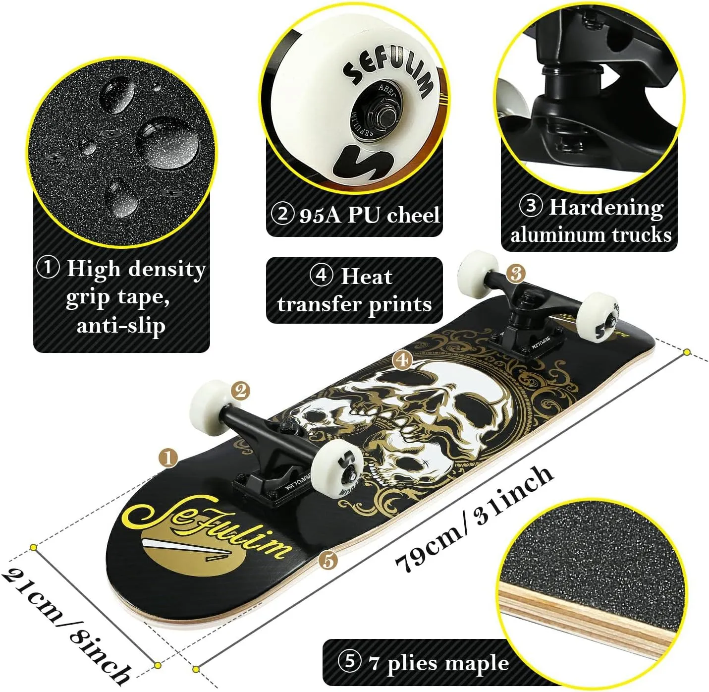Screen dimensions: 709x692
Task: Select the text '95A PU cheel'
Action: (x=369, y=215)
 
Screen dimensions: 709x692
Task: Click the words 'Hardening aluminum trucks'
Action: (x=591, y=221)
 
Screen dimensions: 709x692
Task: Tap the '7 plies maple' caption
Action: (x=438, y=663)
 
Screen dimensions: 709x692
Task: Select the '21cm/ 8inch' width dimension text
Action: (x=65, y=623)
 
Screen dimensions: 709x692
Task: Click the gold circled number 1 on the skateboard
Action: (x=168, y=458)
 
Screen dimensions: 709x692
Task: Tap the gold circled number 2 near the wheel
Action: (x=240, y=391)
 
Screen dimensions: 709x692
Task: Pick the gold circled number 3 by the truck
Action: (x=516, y=273)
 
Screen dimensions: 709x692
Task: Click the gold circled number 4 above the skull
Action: (x=402, y=360)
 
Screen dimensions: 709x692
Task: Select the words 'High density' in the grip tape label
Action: (x=137, y=269)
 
